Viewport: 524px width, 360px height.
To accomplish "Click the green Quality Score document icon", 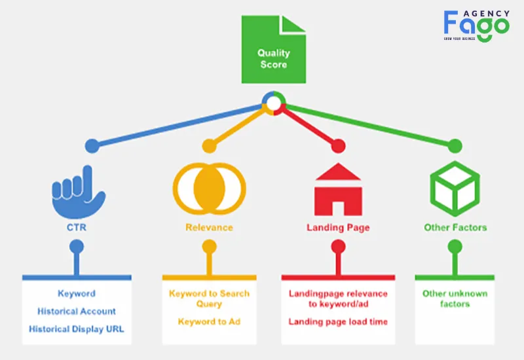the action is tap(273, 49).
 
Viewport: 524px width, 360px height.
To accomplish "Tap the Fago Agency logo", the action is tap(477, 26).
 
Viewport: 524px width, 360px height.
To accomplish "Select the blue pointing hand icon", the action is tap(79, 192).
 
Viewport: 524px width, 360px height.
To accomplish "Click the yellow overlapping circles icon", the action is tap(209, 189).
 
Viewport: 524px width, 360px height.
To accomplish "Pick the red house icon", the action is tap(338, 189).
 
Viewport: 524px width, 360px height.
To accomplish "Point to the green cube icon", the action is tap(455, 189).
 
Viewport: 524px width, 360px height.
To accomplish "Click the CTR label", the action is tap(77, 227).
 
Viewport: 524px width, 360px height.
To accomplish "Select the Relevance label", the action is tap(209, 227).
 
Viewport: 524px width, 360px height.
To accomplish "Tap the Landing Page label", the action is tap(338, 228).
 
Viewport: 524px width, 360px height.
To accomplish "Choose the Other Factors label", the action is tap(455, 227).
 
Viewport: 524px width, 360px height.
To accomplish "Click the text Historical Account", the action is tap(77, 312).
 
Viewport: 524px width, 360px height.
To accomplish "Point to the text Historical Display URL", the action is tap(77, 329).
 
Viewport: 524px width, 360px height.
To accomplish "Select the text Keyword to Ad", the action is tap(209, 321).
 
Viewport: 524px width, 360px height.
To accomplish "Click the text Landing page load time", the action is tap(338, 321).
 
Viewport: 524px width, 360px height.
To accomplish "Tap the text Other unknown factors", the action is tap(455, 298).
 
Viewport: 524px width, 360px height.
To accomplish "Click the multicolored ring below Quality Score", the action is tap(274, 95).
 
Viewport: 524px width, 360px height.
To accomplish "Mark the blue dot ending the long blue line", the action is tap(92, 146).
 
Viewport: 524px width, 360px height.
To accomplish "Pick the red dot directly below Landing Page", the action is tap(338, 247).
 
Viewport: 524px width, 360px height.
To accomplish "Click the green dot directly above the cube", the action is tap(455, 146).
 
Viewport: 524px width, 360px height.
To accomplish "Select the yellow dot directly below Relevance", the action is tap(209, 247).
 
